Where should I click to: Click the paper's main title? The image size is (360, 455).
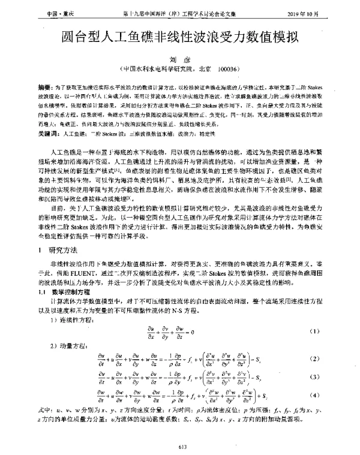[180, 37]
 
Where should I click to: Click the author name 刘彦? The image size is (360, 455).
[179, 58]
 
